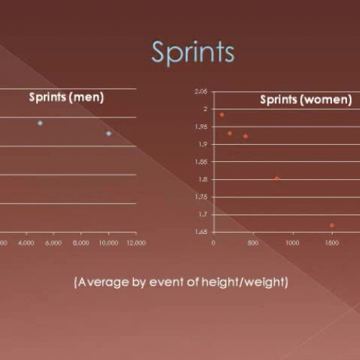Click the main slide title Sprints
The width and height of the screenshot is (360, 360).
pos(192,53)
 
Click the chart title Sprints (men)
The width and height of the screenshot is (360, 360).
pos(66,96)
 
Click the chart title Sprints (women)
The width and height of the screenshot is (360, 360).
pos(306,100)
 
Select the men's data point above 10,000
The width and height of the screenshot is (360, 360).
pos(109,133)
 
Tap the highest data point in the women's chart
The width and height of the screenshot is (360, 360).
pos(222,114)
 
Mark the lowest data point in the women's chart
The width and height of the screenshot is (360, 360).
pos(332,225)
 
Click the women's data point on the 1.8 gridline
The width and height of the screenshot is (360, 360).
pos(276,178)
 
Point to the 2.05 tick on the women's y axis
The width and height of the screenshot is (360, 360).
pos(200,91)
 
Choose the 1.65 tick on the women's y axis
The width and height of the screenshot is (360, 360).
pos(200,232)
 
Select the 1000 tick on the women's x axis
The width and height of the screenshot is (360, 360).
pos(292,243)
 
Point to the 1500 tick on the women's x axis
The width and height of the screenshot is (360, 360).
pos(332,243)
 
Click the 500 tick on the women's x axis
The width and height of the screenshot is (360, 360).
pos(253,243)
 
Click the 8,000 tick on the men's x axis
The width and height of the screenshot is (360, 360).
pos(81,243)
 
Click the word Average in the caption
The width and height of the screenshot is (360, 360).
pos(105,282)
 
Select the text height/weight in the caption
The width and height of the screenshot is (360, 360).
pos(249,282)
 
